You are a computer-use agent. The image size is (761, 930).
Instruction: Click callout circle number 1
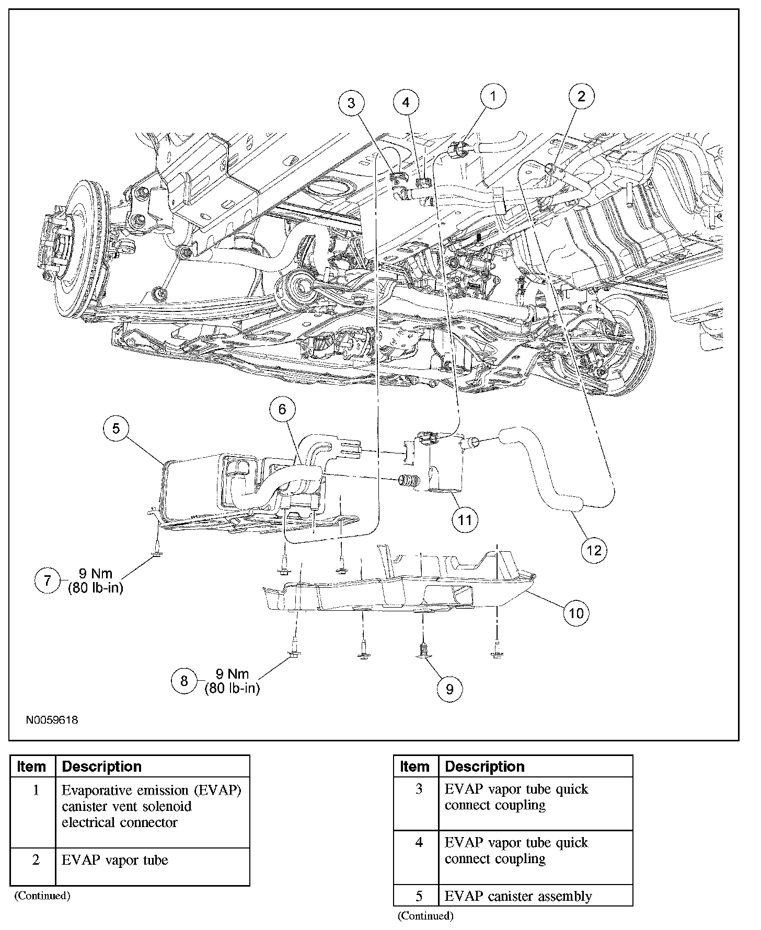pyautogui.click(x=493, y=96)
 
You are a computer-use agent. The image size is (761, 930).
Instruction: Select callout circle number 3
pyautogui.click(x=351, y=103)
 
